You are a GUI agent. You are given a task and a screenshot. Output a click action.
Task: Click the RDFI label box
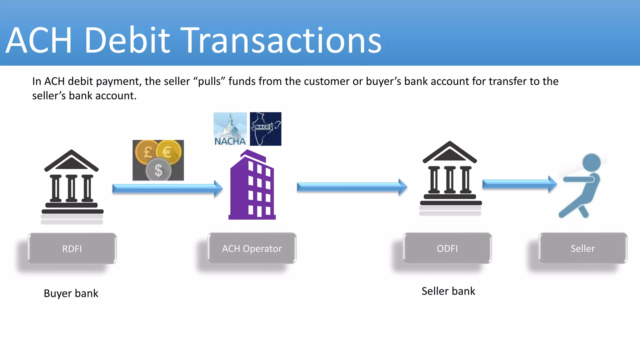click(72, 248)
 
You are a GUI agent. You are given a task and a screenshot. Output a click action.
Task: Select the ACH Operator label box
click(252, 248)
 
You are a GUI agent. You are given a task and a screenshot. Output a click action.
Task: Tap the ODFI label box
click(447, 248)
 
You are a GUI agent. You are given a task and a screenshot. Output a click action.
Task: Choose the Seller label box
click(582, 248)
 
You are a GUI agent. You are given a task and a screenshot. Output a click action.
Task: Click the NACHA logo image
click(230, 129)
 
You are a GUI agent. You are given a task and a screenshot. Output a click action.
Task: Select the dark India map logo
click(266, 129)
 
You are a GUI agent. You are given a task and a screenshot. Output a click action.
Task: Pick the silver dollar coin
click(158, 170)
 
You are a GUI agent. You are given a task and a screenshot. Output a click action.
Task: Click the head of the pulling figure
click(591, 162)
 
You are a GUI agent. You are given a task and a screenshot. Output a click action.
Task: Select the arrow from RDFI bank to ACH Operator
click(167, 188)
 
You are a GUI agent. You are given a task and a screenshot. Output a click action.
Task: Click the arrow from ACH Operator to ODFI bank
click(352, 187)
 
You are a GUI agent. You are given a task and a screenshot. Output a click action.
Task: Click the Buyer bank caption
click(71, 293)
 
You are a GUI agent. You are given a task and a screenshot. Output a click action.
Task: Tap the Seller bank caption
click(448, 291)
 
